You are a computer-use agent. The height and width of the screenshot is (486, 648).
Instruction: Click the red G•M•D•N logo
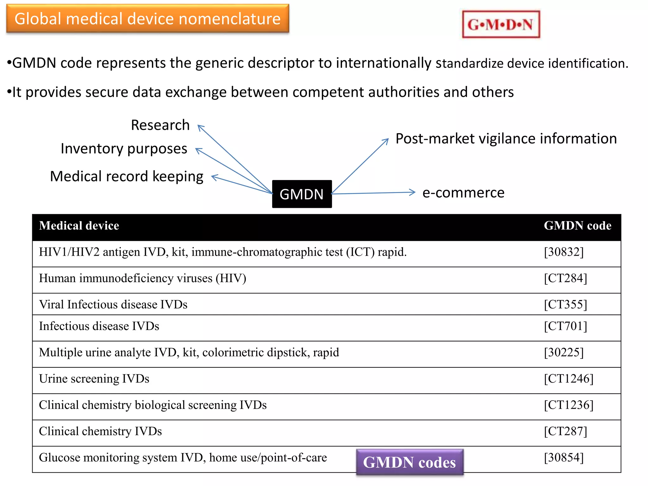501,24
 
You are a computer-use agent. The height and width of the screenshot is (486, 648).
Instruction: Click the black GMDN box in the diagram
302,194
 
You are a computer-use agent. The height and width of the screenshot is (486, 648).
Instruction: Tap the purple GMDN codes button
409,462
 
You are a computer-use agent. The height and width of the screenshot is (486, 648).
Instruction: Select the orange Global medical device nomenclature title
147,19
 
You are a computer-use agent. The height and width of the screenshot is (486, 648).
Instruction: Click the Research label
160,125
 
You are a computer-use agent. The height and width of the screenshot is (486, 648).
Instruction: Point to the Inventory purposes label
124,149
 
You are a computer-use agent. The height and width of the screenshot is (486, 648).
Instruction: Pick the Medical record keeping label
127,177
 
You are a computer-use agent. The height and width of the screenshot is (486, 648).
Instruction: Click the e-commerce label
463,193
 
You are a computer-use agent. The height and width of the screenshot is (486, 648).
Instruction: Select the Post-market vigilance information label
506,139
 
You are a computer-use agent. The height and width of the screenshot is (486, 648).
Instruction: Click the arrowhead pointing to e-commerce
413,192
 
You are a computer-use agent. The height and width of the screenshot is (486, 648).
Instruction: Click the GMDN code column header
577,226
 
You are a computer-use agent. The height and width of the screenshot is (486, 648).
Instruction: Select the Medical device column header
79,226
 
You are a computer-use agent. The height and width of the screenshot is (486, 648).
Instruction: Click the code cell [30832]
564,252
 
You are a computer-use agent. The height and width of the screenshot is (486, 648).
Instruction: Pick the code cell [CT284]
565,278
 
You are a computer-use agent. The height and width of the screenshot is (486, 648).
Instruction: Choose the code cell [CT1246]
568,379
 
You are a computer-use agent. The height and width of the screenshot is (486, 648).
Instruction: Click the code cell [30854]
564,458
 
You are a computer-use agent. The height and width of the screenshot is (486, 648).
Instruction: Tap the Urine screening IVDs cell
94,379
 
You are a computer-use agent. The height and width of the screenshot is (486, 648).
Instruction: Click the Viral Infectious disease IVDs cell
113,304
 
